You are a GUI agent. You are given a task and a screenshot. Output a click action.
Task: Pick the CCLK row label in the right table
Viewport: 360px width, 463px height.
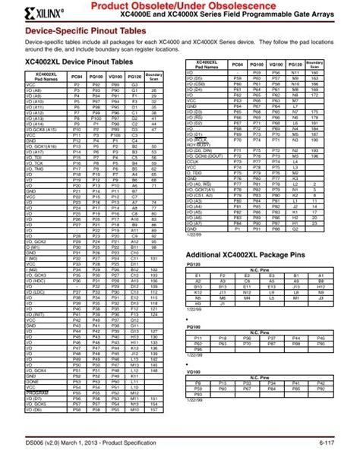coord(196,161)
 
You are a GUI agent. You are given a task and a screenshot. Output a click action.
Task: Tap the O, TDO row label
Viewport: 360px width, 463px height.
coord(197,172)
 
